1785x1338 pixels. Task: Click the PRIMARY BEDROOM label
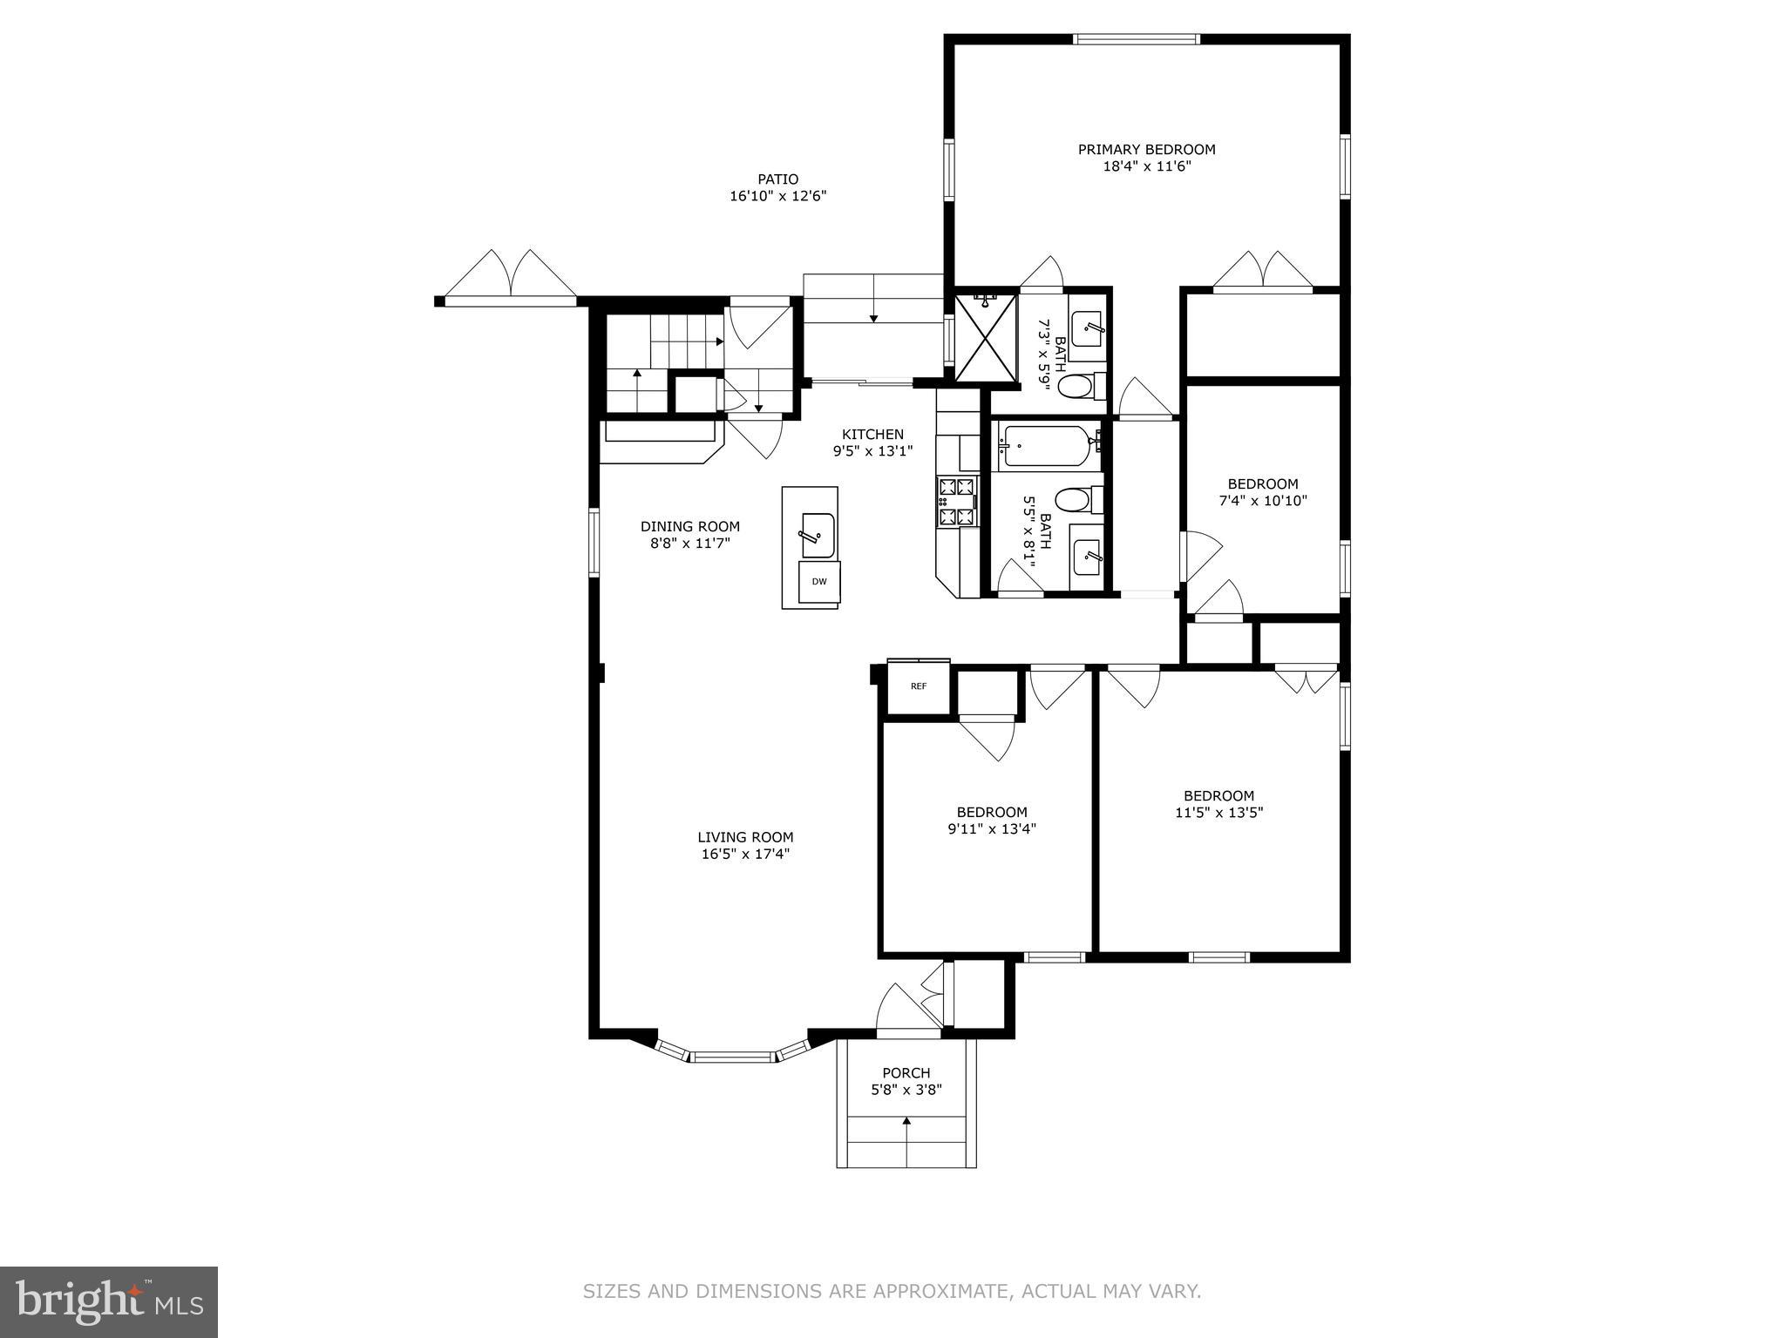point(1146,149)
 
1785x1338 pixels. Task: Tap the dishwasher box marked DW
point(819,581)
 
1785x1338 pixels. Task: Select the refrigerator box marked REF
point(918,686)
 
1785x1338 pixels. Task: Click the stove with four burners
point(958,502)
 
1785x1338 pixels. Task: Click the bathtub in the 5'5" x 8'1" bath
point(1044,444)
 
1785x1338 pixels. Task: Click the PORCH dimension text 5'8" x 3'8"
point(906,1090)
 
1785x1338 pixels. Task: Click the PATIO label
point(777,179)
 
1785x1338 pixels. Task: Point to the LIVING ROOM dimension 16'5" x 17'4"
point(745,855)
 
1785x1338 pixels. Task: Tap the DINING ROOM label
point(689,526)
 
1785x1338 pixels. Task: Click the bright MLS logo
point(108,1301)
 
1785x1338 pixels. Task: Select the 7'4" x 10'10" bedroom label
point(1262,484)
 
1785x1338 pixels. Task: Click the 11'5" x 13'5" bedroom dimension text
point(1218,813)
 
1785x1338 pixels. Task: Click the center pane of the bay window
point(732,1058)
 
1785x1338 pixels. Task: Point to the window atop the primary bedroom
point(1137,39)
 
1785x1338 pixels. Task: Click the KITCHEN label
point(872,434)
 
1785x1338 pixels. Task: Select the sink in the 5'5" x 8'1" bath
point(1088,557)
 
